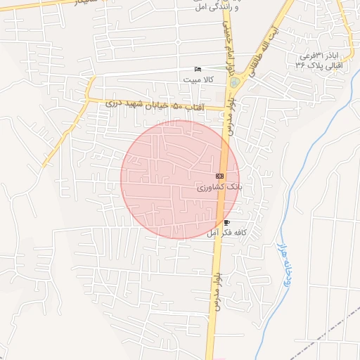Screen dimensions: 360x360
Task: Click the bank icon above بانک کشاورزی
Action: [x=220, y=176]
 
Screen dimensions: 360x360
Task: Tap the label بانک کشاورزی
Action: [x=219, y=188]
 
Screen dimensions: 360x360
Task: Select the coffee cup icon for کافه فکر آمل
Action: [x=226, y=223]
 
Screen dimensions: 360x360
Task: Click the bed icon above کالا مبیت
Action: [x=198, y=69]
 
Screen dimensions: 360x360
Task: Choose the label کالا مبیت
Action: [x=198, y=80]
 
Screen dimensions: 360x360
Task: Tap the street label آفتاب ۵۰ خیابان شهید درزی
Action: [x=154, y=104]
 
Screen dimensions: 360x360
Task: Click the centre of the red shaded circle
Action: [x=180, y=179]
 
